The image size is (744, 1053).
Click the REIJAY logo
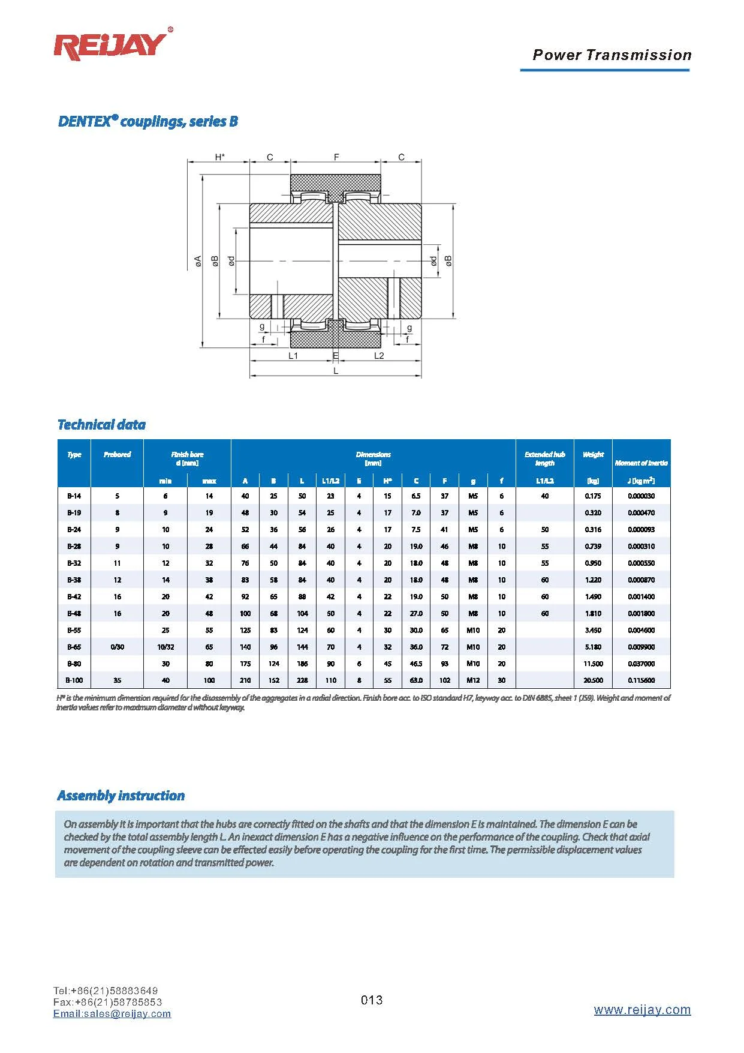tap(112, 46)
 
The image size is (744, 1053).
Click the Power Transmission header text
tap(612, 55)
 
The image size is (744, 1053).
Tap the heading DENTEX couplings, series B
tap(147, 121)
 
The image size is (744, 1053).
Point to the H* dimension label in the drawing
tap(220, 157)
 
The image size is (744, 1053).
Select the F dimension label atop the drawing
tap(336, 157)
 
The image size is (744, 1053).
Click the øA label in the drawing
tap(198, 262)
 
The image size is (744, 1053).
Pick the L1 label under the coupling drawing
tap(293, 356)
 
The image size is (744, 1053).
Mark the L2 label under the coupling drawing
tap(379, 356)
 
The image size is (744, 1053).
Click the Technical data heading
tap(101, 425)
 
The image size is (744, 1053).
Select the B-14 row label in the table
tap(74, 496)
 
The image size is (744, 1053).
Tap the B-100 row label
tap(74, 680)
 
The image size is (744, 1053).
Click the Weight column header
tap(593, 455)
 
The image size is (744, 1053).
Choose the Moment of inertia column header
tap(641, 463)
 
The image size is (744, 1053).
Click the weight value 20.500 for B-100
tap(593, 680)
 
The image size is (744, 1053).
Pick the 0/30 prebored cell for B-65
tap(117, 647)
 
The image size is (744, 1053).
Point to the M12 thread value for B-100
tap(473, 680)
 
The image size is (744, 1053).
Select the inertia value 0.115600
tap(641, 680)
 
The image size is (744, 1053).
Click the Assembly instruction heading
tap(121, 796)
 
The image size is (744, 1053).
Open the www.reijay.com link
tap(642, 1010)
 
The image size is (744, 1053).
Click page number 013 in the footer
tap(372, 1000)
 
